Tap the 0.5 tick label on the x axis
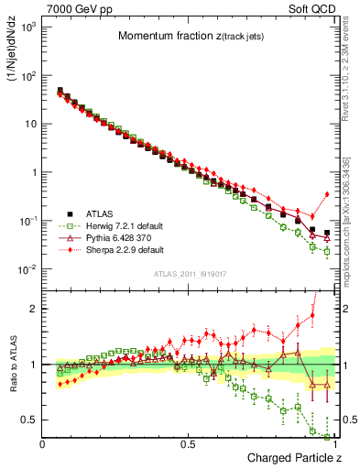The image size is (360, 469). point(190,444)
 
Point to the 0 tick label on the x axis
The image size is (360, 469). point(43,444)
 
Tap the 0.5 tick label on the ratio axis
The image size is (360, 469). point(27,420)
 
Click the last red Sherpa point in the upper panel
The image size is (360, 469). point(328,194)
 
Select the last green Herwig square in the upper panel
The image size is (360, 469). point(328,251)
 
